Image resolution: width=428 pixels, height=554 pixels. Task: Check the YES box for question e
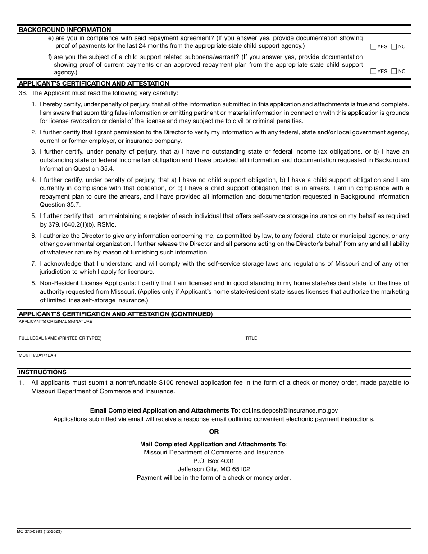[x=373, y=46]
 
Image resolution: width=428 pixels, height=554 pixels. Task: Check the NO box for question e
[x=394, y=46]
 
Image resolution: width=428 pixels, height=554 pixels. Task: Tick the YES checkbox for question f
[x=373, y=71]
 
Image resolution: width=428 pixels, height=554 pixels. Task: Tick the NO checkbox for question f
[x=394, y=71]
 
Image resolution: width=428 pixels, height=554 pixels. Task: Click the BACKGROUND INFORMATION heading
[x=64, y=30]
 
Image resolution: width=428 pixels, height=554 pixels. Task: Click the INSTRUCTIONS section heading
[x=42, y=372]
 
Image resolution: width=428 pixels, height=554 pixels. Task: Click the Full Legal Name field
[x=130, y=345]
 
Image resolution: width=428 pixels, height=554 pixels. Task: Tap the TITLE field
[x=327, y=345]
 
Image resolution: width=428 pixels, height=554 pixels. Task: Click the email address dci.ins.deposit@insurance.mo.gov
[x=290, y=410]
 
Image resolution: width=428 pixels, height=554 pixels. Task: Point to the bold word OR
[x=214, y=431]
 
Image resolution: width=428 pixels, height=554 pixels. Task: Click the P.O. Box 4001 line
[x=214, y=461]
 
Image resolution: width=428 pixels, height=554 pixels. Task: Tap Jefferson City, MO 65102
[x=214, y=469]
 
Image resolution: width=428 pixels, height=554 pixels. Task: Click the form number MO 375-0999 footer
[x=40, y=531]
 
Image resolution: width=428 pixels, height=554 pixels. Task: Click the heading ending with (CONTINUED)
[x=115, y=314]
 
